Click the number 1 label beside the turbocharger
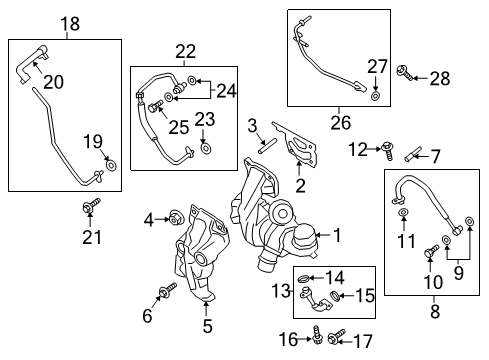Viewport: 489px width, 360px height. point(336,236)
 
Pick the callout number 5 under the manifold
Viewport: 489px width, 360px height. point(207,324)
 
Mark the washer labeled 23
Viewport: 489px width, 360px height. point(205,149)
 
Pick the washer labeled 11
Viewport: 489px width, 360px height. point(402,214)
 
